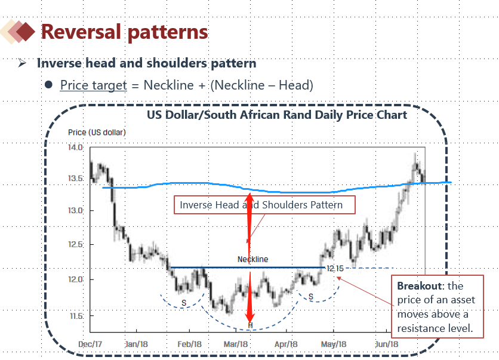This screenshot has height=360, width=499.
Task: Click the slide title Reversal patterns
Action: tap(124, 32)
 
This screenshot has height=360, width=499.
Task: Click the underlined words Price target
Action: tap(93, 85)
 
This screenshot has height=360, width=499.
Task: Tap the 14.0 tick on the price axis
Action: tap(75, 147)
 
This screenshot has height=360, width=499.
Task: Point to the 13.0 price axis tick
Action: tap(75, 211)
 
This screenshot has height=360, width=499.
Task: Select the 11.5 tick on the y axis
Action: tap(75, 315)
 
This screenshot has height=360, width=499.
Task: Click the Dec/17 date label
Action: tap(91, 344)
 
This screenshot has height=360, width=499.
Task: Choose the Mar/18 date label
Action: tap(236, 344)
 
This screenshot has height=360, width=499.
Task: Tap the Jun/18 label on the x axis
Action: tap(387, 344)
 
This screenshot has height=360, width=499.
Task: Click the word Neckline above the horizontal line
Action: tap(252, 259)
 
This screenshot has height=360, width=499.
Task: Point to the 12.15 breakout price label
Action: tap(335, 269)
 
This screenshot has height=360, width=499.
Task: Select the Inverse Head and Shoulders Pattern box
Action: tap(264, 205)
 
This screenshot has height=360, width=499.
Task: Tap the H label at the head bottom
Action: tap(251, 325)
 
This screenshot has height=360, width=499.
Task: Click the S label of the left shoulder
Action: tap(184, 303)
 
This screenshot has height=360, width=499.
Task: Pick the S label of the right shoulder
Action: tap(311, 296)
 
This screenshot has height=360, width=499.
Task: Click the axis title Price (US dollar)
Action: tap(96, 132)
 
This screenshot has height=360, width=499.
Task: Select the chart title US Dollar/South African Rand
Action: tap(277, 115)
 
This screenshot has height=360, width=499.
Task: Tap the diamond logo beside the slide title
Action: tap(18, 31)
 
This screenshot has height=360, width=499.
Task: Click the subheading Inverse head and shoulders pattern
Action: tap(146, 63)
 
